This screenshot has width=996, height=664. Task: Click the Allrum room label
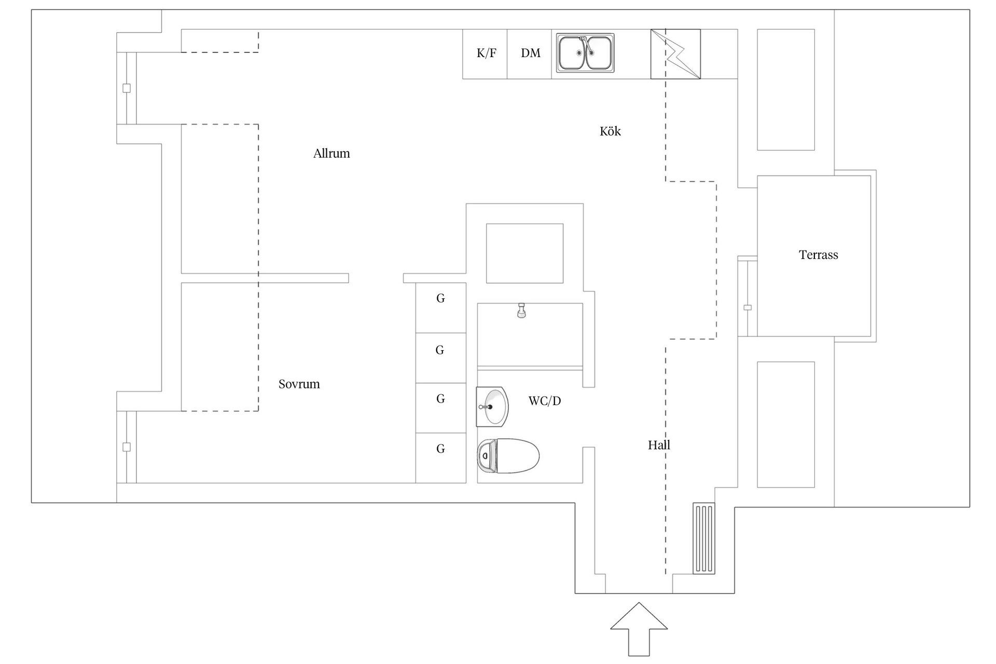coord(331,154)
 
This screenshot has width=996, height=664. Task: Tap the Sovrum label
coord(299,384)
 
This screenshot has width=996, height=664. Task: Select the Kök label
coord(610,131)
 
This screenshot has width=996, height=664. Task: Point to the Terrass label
coord(818,255)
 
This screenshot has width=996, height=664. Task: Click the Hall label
coord(659,445)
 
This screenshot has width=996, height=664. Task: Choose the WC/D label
coord(545,401)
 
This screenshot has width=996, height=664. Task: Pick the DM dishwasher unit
coord(530,53)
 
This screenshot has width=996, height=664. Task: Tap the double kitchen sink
coord(586,53)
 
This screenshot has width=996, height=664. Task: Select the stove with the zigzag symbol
coord(675,54)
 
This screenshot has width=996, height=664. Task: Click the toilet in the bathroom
coord(508,456)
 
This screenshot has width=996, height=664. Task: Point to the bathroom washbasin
coord(491,407)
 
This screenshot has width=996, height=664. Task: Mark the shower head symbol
coord(521,311)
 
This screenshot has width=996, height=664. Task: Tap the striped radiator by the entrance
coord(704,538)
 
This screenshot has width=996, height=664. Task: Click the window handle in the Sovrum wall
coord(126,447)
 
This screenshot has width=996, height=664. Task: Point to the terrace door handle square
coord(748,308)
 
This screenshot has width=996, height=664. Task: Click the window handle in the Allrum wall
coord(126,88)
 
